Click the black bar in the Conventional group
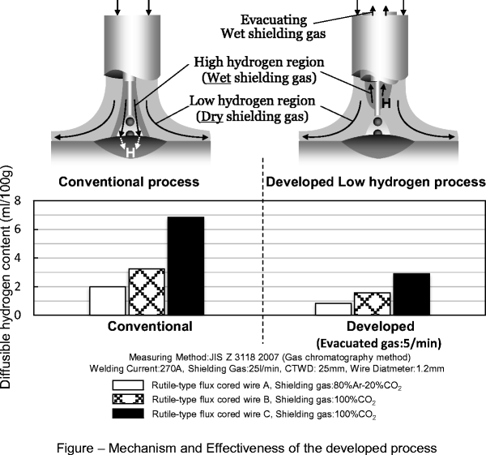coord(185,265)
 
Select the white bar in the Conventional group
coord(107,300)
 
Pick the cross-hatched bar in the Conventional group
coord(147,291)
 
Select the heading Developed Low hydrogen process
coord(375,182)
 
